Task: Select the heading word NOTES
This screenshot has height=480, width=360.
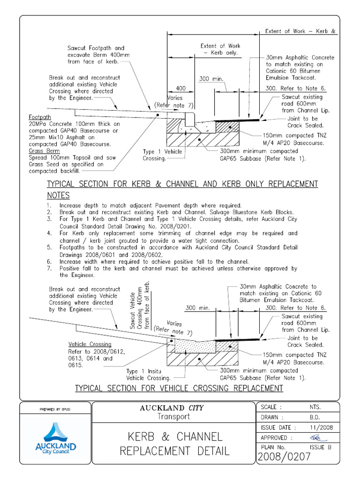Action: click(58, 195)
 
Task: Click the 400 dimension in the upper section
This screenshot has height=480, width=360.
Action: click(180, 88)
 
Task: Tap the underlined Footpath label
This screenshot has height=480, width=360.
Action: click(40, 117)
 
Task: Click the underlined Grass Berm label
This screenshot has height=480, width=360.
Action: click(44, 151)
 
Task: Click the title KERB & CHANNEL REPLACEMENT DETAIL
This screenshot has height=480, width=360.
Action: click(175, 444)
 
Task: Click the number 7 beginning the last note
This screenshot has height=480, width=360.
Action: click(49, 269)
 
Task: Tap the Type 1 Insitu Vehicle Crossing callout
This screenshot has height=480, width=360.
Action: click(149, 375)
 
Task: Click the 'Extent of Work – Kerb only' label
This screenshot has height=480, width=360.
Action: click(220, 50)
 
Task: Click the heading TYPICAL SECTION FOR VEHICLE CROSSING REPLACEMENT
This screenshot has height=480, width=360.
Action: click(179, 388)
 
